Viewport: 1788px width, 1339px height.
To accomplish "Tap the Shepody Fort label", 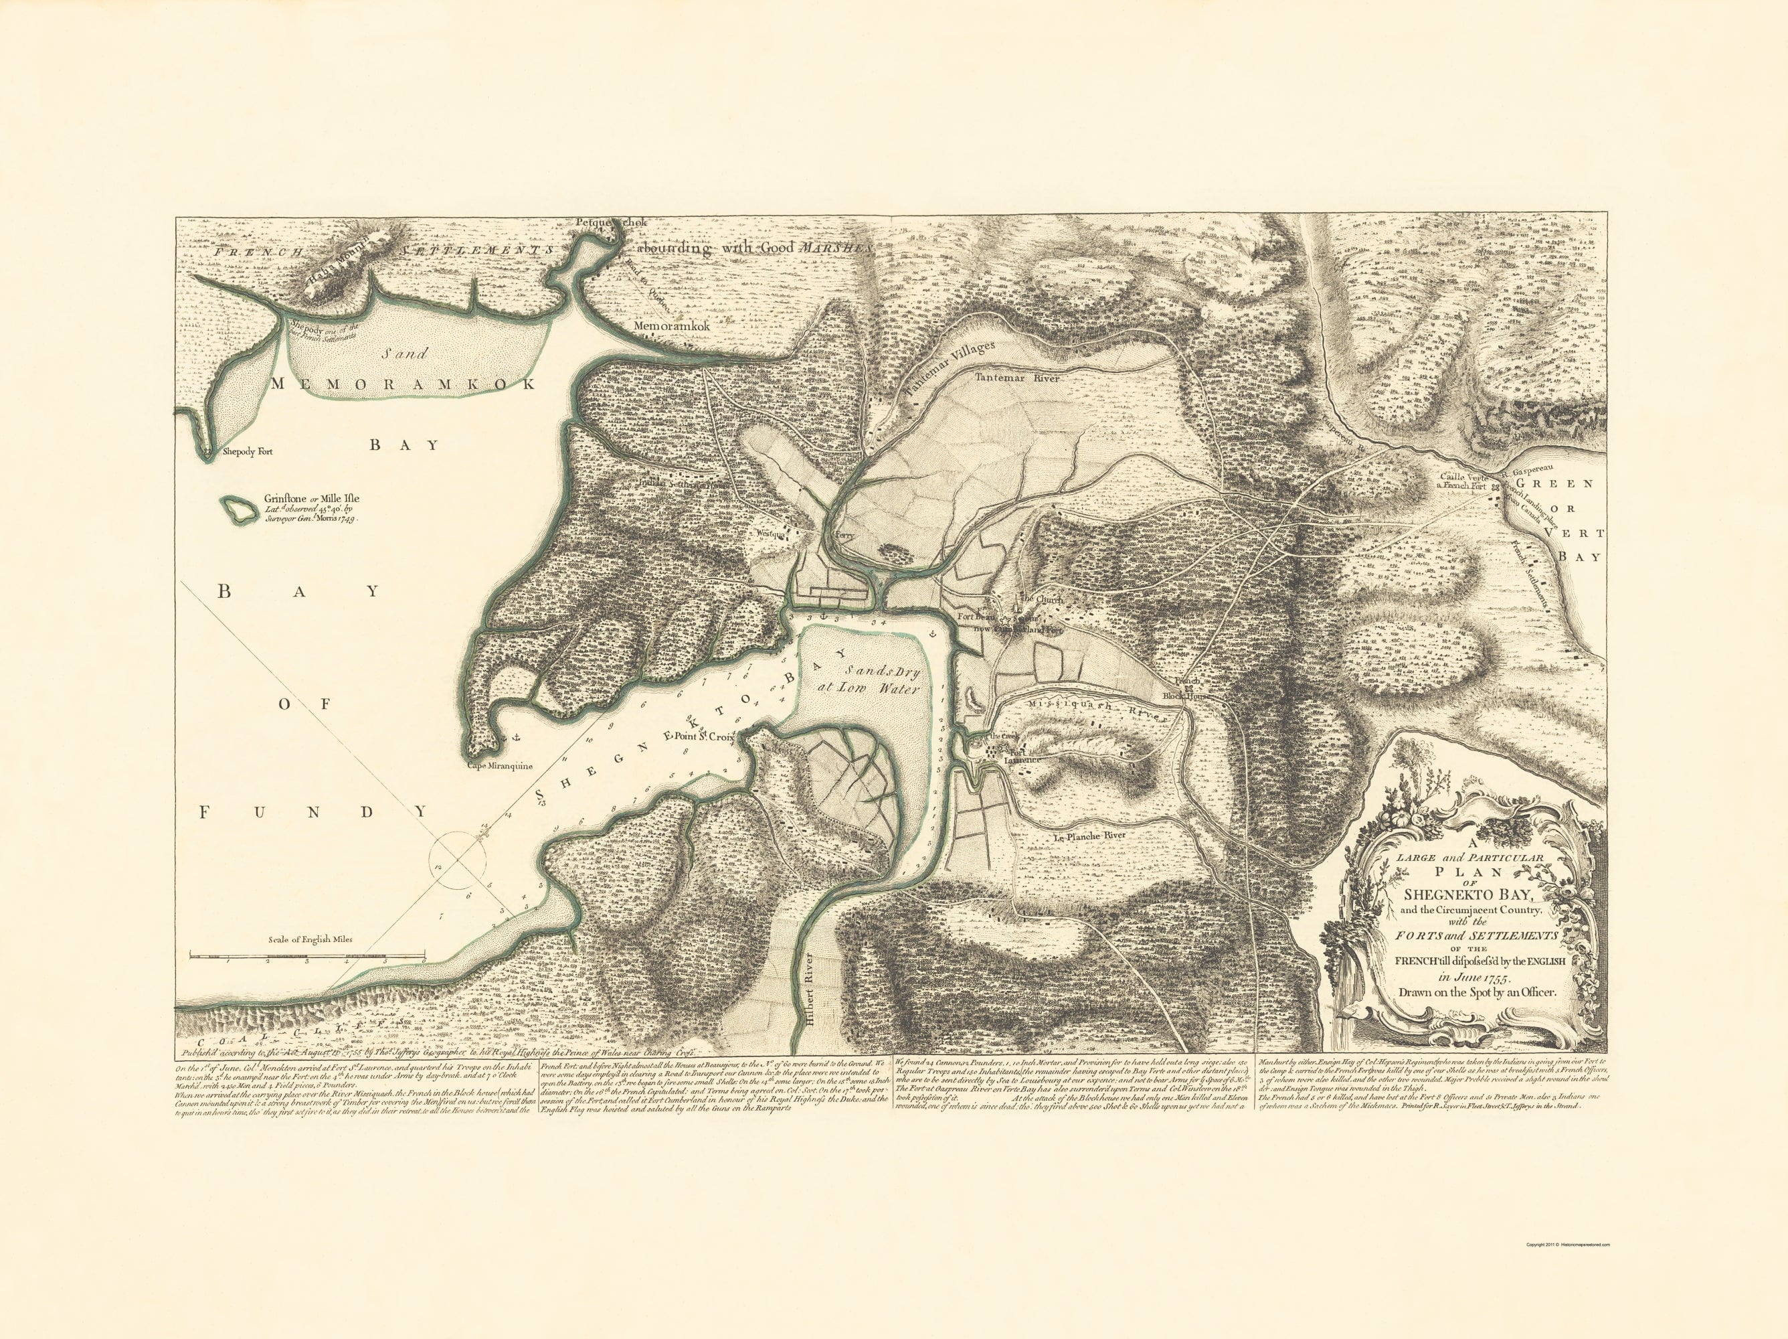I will pyautogui.click(x=248, y=452).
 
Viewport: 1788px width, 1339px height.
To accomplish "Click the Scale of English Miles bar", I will pyautogui.click(x=307, y=956).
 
